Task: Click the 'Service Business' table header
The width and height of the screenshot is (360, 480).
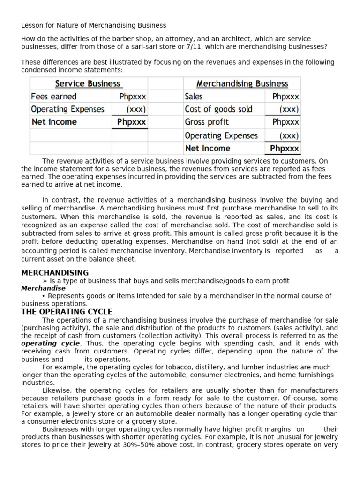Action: pos(88,84)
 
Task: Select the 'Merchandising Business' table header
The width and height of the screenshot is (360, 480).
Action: pos(242,84)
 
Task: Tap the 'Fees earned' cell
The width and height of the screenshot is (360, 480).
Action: pos(53,97)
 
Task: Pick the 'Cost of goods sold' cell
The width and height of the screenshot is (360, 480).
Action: pos(218,109)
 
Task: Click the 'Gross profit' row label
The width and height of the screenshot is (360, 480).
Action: pos(207,122)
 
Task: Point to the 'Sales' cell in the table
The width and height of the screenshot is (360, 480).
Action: pos(194,97)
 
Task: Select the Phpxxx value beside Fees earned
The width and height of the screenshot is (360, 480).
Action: pos(133,97)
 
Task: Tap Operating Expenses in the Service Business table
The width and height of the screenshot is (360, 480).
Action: pos(67,109)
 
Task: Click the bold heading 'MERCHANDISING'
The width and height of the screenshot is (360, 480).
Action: pos(55,273)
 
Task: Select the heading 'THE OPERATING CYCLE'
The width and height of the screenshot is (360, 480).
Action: pos(67,312)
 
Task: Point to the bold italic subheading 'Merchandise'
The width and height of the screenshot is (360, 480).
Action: pos(43,288)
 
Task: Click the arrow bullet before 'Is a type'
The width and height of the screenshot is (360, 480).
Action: pos(45,281)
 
